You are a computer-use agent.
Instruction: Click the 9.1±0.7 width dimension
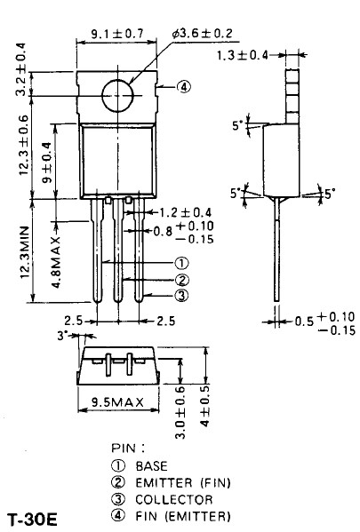[117, 34]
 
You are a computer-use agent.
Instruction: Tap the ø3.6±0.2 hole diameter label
[203, 33]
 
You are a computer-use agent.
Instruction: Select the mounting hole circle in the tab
[117, 96]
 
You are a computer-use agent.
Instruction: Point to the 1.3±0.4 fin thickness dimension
[243, 55]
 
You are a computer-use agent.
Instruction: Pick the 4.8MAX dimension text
[56, 262]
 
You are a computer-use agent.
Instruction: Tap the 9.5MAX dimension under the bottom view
[118, 402]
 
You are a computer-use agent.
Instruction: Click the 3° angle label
[62, 336]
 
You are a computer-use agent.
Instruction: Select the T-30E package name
[33, 520]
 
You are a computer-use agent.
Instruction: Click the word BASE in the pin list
[151, 466]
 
